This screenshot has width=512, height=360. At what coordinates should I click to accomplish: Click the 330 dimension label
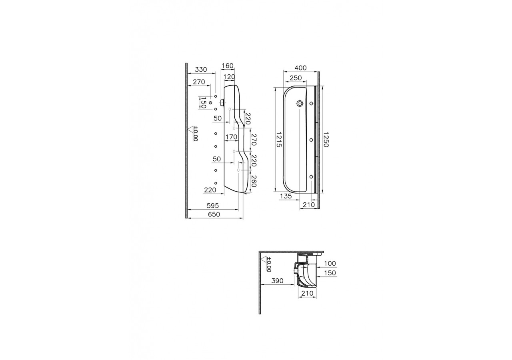pos(201,70)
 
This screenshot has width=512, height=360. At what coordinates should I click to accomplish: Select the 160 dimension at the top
pos(228,66)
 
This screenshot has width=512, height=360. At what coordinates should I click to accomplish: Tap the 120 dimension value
pos(229,77)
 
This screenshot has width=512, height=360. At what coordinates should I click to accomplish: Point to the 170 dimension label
pos(231,137)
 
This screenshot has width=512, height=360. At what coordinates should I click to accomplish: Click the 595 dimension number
pos(213,206)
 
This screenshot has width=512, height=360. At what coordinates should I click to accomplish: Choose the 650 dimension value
pos(214,214)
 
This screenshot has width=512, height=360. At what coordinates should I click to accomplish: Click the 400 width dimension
pos(300,68)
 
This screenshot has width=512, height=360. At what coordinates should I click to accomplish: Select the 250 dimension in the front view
pos(296,78)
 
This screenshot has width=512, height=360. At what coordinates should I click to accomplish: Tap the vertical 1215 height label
pos(279,140)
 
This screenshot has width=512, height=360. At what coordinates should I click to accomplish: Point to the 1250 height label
pos(326,140)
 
